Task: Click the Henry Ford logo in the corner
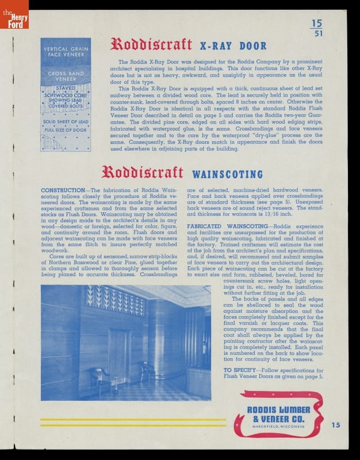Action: [14, 14]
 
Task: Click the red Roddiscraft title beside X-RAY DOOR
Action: [151, 44]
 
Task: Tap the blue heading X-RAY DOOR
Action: [233, 46]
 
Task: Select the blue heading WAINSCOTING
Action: [227, 174]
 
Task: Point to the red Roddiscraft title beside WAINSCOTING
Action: [142, 172]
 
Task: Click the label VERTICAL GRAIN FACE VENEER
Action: [66, 52]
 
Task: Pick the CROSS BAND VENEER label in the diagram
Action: [66, 76]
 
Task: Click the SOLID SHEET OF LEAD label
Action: [66, 121]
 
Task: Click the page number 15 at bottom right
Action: [336, 425]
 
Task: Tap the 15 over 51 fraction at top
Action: [317, 28]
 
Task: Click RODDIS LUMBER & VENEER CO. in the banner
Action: [278, 413]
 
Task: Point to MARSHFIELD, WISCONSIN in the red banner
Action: [278, 427]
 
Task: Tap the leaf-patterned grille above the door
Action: [114, 300]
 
